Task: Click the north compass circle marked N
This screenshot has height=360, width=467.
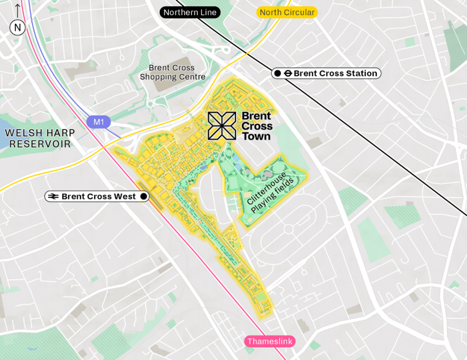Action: point(17,28)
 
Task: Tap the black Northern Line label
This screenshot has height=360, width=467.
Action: point(190,12)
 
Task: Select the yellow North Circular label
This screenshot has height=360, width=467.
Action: point(287,12)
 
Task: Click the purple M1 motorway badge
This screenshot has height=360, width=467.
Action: point(99,122)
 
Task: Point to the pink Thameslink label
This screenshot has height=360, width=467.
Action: point(270,341)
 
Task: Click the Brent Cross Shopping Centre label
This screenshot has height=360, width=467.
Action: point(172,72)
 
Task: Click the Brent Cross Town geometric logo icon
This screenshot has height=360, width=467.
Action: point(222,126)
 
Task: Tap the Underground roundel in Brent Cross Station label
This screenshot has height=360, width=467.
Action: point(287,73)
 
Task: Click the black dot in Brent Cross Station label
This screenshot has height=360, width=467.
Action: point(277,73)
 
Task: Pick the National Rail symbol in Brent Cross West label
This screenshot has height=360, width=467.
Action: point(53,196)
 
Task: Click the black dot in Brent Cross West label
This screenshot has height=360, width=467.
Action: point(144,196)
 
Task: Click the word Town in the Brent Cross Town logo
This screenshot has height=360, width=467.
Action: point(256,136)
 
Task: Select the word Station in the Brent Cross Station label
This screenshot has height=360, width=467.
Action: point(358,73)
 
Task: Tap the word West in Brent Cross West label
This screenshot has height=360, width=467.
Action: point(125,196)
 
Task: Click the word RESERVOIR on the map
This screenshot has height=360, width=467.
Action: point(41,144)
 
